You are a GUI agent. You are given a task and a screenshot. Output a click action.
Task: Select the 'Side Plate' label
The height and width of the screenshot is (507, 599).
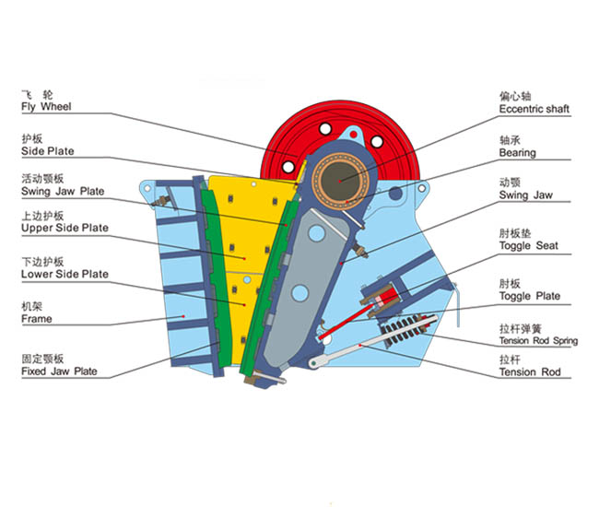coord(48,151)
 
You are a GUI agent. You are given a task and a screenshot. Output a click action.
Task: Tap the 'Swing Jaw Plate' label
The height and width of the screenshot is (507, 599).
coord(63,192)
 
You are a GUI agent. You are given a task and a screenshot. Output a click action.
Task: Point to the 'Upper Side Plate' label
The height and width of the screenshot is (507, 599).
coord(65,228)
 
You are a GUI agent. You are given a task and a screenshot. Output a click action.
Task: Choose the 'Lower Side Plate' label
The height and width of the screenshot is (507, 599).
coord(65,274)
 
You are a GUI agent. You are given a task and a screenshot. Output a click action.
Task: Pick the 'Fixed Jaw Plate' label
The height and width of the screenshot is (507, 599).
coord(59,371)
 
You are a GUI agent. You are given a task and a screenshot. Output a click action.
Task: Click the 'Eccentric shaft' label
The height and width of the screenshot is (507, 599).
coord(534,109)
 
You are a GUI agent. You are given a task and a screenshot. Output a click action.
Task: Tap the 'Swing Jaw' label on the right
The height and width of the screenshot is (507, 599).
coord(525,195)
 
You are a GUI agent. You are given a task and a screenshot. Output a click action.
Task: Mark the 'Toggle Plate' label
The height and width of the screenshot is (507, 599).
coord(529,296)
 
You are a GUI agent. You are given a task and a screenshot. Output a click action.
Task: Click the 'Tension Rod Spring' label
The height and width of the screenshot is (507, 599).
coord(538,341)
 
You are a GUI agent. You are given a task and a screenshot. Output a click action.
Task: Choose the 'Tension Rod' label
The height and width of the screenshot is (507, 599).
coord(529,372)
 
